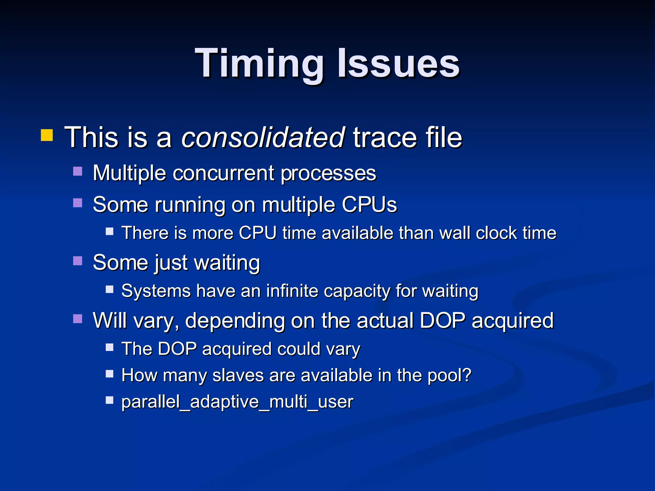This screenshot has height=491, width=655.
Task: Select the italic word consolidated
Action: point(263,137)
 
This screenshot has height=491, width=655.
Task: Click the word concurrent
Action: point(223,173)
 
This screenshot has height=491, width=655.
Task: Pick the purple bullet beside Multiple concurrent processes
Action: point(78,171)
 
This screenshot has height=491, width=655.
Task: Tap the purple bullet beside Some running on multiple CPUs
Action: point(78,203)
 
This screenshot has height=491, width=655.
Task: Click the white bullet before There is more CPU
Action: point(110,231)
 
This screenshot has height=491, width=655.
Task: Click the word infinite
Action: point(292,291)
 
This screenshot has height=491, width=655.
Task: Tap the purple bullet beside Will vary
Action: point(78,319)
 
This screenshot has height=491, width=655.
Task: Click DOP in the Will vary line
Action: point(442,320)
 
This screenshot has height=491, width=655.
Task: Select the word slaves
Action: point(238,375)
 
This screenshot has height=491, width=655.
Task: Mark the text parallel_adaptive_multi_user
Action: point(237,402)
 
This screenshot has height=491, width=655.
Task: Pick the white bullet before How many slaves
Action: point(110,374)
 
